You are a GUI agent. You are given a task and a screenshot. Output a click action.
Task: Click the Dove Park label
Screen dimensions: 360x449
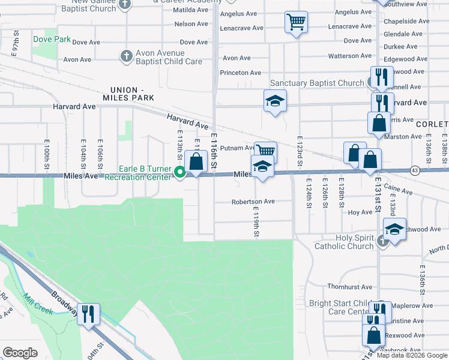coord(52,40)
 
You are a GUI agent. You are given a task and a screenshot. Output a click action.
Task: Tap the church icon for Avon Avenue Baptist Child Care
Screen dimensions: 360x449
coord(126,56)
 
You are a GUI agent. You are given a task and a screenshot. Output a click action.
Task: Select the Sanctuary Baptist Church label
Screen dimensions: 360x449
coord(317,83)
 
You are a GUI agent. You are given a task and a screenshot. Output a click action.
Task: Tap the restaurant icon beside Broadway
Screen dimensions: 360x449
coord(88,313)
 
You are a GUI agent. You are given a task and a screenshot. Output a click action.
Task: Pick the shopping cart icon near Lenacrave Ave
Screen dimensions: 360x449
coord(295,22)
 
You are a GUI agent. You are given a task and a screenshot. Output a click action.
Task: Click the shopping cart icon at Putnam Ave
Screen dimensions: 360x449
coord(265,150)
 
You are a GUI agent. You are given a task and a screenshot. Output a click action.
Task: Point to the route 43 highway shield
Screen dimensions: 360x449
coord(414,171)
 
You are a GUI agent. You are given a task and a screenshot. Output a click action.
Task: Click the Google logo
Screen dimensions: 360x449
coord(20,352)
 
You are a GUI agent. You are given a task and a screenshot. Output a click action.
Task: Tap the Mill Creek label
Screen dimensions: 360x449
coord(38,303)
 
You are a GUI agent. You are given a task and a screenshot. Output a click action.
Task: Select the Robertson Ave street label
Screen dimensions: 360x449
coord(253,202)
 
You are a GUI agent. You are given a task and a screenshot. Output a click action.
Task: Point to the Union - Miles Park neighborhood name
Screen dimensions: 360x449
coord(128,93)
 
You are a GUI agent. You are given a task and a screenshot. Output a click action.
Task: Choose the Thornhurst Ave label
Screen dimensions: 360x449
coord(350,287)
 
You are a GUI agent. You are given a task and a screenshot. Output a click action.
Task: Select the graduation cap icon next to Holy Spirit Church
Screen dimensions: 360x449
coord(394,230)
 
